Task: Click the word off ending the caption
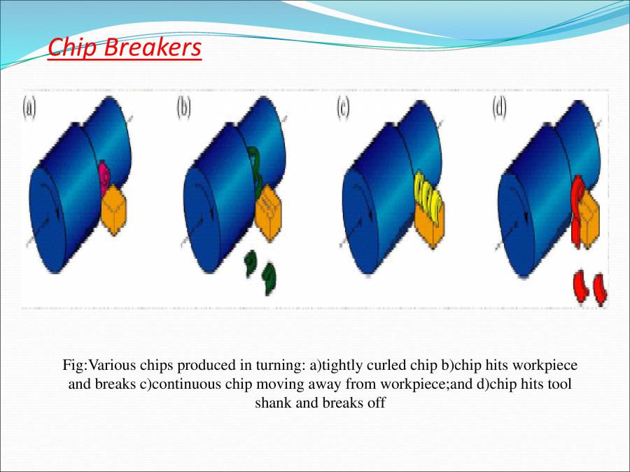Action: coord(377,403)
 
